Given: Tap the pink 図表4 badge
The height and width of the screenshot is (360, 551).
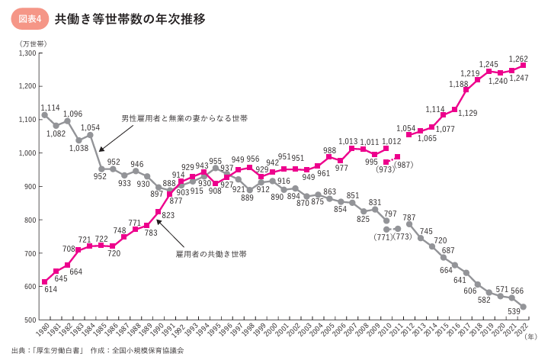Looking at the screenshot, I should click(28, 18).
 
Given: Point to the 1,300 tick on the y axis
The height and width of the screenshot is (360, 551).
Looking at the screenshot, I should click(26, 53).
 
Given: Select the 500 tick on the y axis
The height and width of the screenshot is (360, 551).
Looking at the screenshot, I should click(30, 320).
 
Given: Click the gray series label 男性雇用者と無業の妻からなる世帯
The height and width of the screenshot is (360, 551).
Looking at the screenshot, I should click(184, 118).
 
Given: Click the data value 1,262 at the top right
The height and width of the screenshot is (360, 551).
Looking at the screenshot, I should click(518, 59).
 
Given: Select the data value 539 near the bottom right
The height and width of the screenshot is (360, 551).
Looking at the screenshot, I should click(514, 312).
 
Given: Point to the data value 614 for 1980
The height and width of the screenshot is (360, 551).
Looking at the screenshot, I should click(50, 290).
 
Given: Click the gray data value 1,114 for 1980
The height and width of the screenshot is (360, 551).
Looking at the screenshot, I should click(50, 107).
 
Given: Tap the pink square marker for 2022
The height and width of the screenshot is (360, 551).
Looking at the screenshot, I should click(523, 66).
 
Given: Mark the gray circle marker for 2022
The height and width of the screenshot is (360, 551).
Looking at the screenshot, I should click(523, 307).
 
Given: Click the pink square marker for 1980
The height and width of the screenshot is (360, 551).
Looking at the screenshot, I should click(45, 281).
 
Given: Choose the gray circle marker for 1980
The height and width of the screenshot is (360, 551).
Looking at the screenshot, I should click(45, 115).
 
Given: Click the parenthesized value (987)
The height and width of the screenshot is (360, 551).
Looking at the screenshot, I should click(403, 166).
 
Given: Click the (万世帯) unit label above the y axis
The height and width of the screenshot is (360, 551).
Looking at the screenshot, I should click(33, 42).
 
